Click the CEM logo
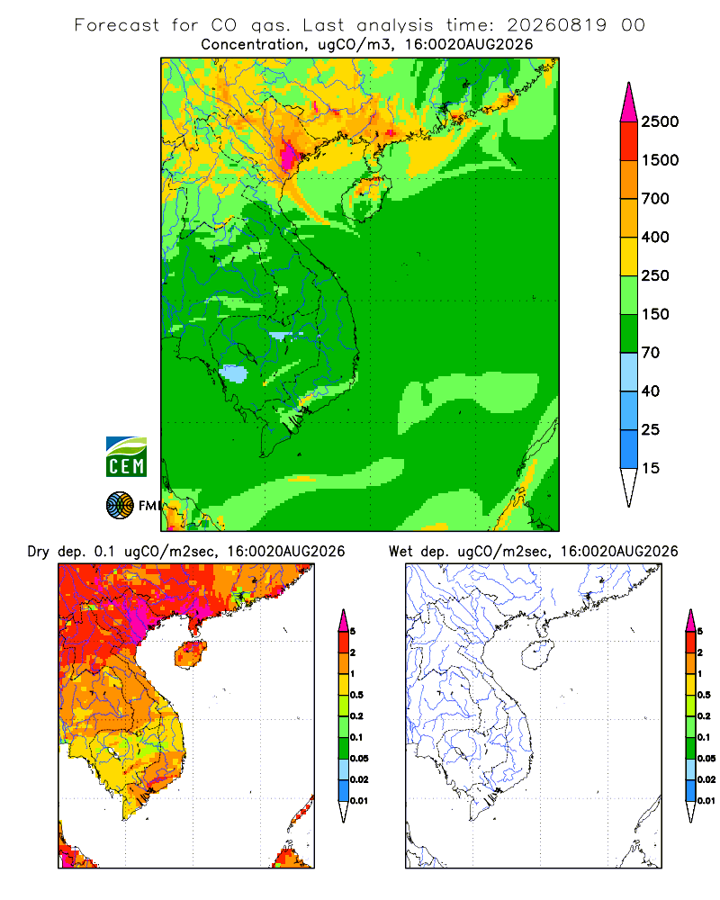[126, 456]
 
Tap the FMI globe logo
[120, 505]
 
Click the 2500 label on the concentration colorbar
[660, 121]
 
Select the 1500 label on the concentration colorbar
[660, 160]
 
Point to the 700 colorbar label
[655, 199]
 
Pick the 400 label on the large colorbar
[655, 237]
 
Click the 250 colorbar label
[655, 275]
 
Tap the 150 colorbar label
[655, 314]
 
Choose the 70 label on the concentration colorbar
[651, 353]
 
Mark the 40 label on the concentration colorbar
[651, 391]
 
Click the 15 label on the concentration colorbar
[651, 468]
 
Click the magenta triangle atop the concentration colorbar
[629, 104]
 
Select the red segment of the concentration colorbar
[629, 141]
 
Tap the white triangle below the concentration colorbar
[629, 486]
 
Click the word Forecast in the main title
[117, 25]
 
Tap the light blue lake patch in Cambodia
[234, 373]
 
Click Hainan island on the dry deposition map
[190, 654]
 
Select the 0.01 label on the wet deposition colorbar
[706, 801]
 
